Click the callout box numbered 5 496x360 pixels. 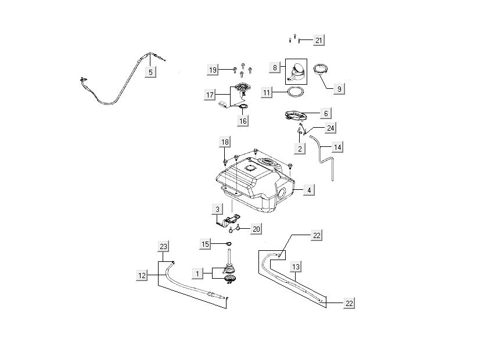(150, 73)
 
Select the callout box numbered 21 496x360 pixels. (319, 40)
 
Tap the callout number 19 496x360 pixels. (213, 70)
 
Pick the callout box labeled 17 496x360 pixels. (210, 95)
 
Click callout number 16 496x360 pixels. (243, 121)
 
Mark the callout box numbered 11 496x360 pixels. (267, 92)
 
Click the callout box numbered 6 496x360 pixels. (326, 114)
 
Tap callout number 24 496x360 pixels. (330, 127)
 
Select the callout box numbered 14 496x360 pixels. (337, 147)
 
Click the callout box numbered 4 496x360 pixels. (310, 190)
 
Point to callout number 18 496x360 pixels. (225, 142)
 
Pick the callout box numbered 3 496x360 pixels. (217, 208)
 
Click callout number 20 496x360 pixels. (256, 229)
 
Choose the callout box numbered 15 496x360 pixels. (206, 244)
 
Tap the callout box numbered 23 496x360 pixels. (163, 246)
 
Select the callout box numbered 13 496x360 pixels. (296, 267)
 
